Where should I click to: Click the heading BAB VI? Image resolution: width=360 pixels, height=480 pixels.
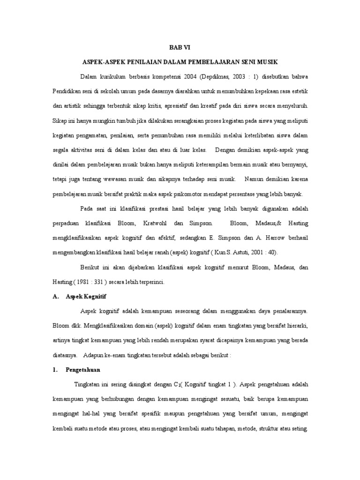coord(180,47)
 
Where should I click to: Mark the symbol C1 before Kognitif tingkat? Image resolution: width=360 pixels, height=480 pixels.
coord(177,385)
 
